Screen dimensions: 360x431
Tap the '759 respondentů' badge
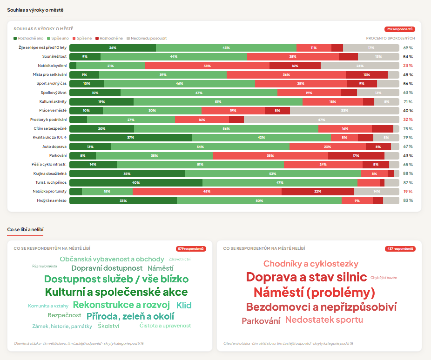(x=400, y=29)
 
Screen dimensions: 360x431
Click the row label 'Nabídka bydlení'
(x=53, y=66)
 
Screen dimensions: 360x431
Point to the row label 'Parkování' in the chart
(x=58, y=155)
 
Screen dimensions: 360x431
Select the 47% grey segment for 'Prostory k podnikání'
(x=321, y=120)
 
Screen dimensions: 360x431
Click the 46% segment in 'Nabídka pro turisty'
(x=207, y=191)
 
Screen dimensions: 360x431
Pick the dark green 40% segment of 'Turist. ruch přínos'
(x=136, y=182)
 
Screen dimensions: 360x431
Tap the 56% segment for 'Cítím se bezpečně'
(x=226, y=128)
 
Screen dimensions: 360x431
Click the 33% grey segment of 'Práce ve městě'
(x=344, y=111)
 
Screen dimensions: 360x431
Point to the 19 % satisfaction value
(x=408, y=191)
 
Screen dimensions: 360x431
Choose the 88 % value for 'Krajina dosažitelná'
(x=408, y=173)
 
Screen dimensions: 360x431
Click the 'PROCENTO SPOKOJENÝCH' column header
(x=390, y=38)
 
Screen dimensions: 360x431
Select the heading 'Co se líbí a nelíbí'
(x=25, y=229)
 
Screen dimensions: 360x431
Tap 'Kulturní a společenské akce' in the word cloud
(x=116, y=293)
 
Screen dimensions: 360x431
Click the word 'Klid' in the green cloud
(x=184, y=305)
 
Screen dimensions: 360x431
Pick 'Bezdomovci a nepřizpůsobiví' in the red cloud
(x=321, y=307)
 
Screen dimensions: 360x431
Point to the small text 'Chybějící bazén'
(x=384, y=278)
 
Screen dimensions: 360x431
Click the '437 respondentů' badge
(x=400, y=249)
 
